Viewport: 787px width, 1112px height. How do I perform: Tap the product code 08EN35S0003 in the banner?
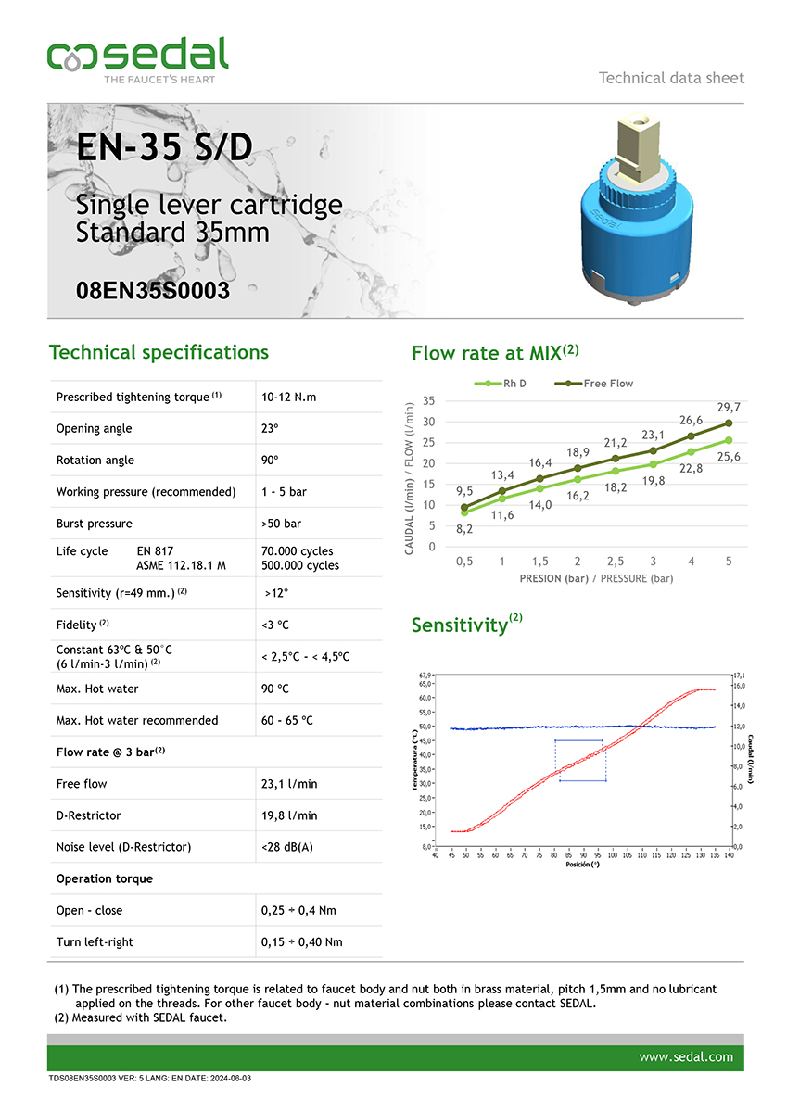click(153, 291)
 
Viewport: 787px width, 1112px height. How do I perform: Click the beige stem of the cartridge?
click(642, 148)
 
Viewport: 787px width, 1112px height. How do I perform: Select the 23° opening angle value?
click(271, 429)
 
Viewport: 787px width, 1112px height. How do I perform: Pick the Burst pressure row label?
click(94, 524)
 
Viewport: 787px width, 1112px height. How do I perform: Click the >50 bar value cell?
click(282, 524)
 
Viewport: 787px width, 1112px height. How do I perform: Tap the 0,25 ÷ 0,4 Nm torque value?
click(300, 910)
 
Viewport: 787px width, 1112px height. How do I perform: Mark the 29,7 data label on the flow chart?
click(728, 407)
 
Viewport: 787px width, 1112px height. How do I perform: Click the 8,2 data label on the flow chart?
click(464, 528)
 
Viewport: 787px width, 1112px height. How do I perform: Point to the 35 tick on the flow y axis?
click(428, 400)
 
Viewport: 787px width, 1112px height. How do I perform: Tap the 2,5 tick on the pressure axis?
click(615, 562)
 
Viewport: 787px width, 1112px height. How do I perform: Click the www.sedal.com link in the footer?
click(686, 1056)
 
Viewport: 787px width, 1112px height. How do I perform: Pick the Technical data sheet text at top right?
click(671, 78)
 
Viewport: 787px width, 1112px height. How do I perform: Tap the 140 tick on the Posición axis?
click(730, 855)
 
